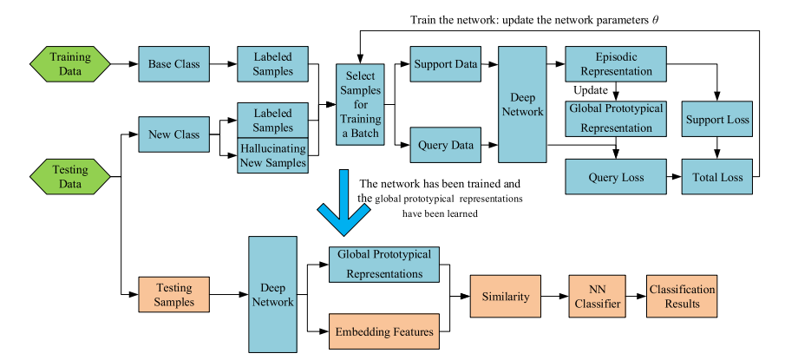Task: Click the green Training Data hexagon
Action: (x=69, y=65)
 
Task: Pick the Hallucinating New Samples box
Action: (x=272, y=156)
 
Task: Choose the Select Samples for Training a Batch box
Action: (x=362, y=105)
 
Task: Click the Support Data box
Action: (x=444, y=65)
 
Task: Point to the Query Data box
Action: (x=444, y=144)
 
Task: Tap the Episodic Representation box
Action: (x=615, y=65)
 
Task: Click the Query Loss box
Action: (x=615, y=177)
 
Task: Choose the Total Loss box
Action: (x=717, y=177)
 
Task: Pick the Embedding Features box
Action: (x=383, y=330)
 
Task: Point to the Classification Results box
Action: (x=682, y=296)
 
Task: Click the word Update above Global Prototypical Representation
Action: (x=592, y=89)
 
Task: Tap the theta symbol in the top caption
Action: (x=656, y=16)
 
